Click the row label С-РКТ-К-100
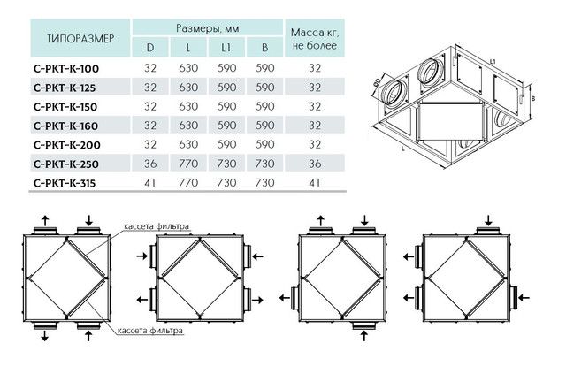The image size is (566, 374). [x=66, y=69]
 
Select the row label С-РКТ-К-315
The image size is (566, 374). [x=65, y=183]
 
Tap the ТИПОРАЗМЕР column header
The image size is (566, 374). [x=80, y=38]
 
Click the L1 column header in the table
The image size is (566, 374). [x=226, y=48]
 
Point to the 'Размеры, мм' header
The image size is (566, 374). [x=207, y=28]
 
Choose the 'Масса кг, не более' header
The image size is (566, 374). [x=315, y=39]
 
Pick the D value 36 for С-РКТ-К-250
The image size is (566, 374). [x=150, y=164]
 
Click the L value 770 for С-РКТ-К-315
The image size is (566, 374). [x=188, y=183]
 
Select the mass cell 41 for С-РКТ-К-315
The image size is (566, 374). [x=315, y=183]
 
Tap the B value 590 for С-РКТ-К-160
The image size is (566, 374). [x=264, y=126]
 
